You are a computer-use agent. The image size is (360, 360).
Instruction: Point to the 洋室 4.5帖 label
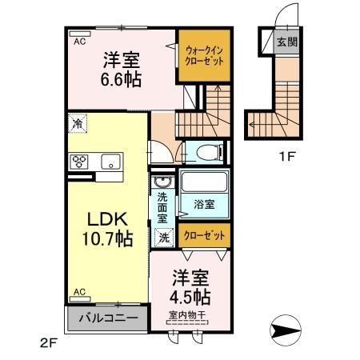tap(190, 286)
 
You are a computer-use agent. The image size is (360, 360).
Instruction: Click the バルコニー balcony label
tap(108, 318)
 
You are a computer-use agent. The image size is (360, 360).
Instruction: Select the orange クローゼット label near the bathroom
tap(204, 236)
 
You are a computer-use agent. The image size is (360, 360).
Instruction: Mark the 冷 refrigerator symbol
tap(77, 124)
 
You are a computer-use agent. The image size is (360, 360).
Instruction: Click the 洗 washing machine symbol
tap(163, 237)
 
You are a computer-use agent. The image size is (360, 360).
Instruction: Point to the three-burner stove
tap(81, 161)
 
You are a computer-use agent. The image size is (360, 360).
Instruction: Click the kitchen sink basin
tap(110, 162)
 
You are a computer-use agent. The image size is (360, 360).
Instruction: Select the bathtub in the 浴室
tap(204, 182)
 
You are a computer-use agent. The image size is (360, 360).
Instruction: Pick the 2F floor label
tap(49, 344)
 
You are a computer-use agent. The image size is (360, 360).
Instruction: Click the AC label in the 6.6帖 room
tap(81, 41)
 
